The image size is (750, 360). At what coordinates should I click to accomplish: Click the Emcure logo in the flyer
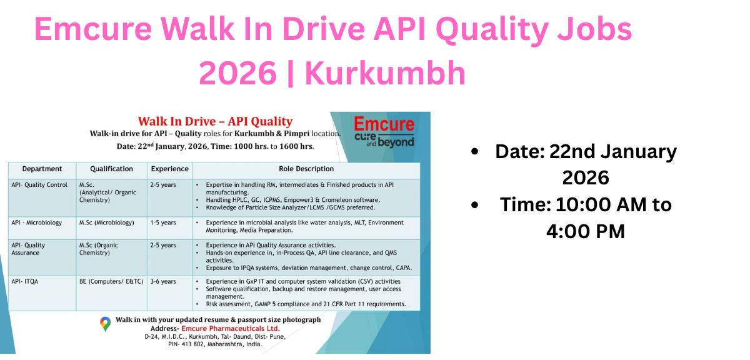(x=384, y=131)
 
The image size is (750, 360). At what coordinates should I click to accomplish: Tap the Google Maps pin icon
(x=106, y=324)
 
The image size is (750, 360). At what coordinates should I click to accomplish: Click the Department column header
(x=42, y=169)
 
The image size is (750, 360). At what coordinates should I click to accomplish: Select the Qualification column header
(x=111, y=169)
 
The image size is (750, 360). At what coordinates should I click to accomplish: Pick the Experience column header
(x=169, y=169)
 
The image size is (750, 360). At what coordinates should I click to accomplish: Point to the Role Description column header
(x=306, y=169)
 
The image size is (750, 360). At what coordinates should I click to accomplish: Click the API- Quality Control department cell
(x=39, y=185)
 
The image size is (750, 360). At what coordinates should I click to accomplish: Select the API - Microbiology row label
(x=37, y=222)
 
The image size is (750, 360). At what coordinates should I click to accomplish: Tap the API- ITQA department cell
(x=25, y=281)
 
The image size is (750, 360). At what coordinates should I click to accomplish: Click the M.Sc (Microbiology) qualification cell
(x=107, y=222)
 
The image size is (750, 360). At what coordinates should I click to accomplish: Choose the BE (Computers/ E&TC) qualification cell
(x=111, y=281)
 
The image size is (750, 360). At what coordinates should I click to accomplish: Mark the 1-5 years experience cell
(x=163, y=222)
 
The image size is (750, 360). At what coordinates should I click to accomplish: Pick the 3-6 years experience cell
(x=163, y=281)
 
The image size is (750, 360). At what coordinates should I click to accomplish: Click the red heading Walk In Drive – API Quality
(x=215, y=121)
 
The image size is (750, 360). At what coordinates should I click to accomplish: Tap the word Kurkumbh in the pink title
(x=385, y=74)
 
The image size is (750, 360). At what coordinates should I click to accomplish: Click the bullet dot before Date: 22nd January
(x=476, y=152)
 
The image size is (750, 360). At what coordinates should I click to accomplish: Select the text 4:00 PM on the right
(x=586, y=231)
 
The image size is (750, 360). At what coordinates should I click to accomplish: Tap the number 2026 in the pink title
(x=237, y=74)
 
